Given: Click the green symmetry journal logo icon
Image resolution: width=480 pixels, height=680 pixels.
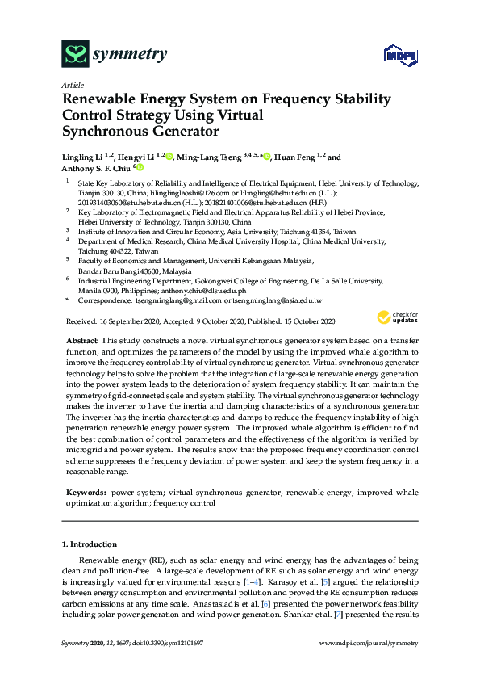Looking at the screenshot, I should click(x=75, y=54).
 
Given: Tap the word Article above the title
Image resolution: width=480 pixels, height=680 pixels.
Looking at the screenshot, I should click(x=73, y=85).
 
